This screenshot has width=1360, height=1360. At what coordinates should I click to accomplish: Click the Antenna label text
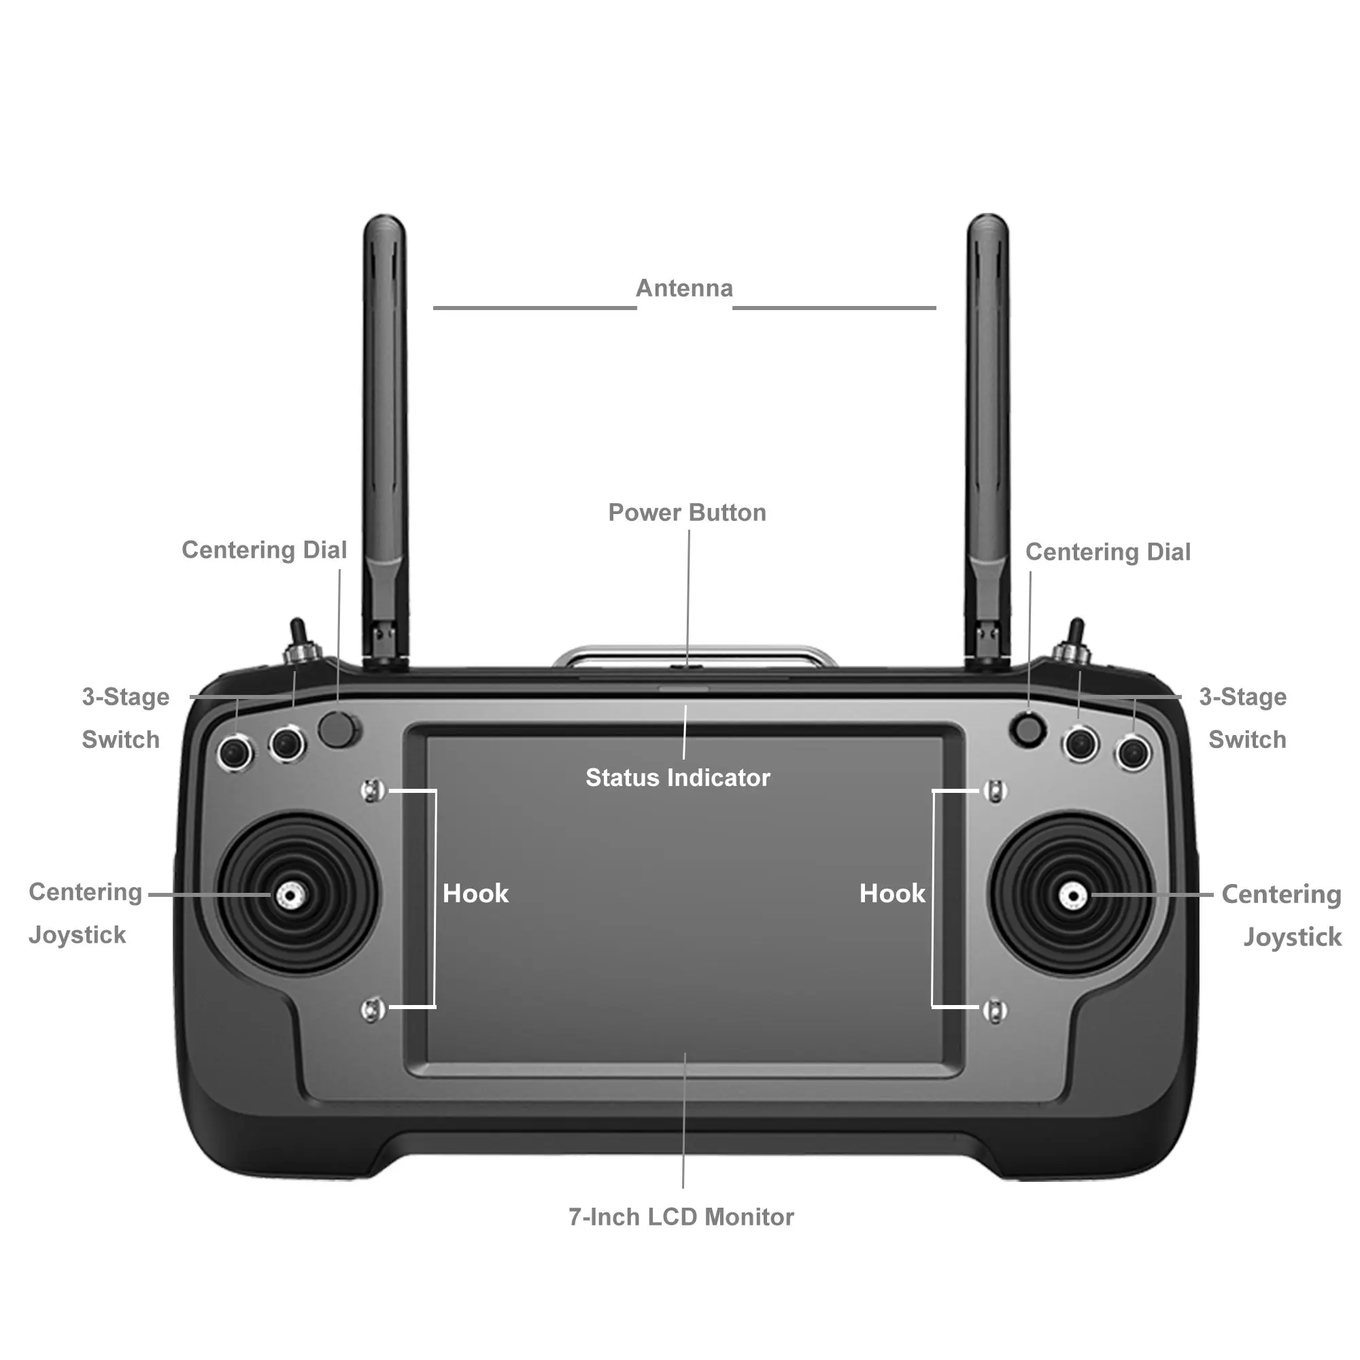(x=684, y=288)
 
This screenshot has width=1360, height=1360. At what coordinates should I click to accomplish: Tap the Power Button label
(x=687, y=513)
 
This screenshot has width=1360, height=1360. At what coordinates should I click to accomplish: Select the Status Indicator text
(x=678, y=778)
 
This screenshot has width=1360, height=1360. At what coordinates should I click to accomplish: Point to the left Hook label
(x=475, y=894)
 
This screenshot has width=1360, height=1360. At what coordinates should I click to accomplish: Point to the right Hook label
(x=892, y=894)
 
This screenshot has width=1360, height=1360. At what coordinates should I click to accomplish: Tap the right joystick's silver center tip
(x=1072, y=896)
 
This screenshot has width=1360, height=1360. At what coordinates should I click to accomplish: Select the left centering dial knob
(x=337, y=729)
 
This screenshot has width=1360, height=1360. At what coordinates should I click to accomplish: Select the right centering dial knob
(x=1028, y=730)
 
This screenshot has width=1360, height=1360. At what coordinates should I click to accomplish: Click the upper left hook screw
(x=373, y=791)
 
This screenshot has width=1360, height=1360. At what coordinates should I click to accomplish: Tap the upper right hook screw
(x=995, y=792)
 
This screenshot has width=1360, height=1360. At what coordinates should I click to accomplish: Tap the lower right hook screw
(x=995, y=1011)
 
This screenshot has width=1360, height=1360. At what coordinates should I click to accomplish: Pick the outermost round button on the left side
(x=235, y=753)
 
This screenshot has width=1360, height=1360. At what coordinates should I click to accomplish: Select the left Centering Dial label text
(x=264, y=549)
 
